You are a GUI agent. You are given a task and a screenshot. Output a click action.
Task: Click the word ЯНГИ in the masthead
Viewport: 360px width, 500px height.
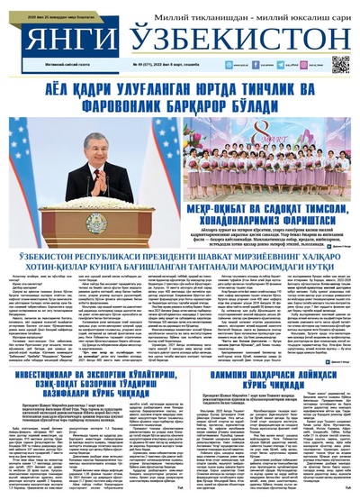pyautogui.click(x=57, y=37)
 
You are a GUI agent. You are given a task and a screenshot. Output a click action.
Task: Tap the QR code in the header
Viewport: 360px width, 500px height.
pyautogui.click(x=339, y=64)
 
